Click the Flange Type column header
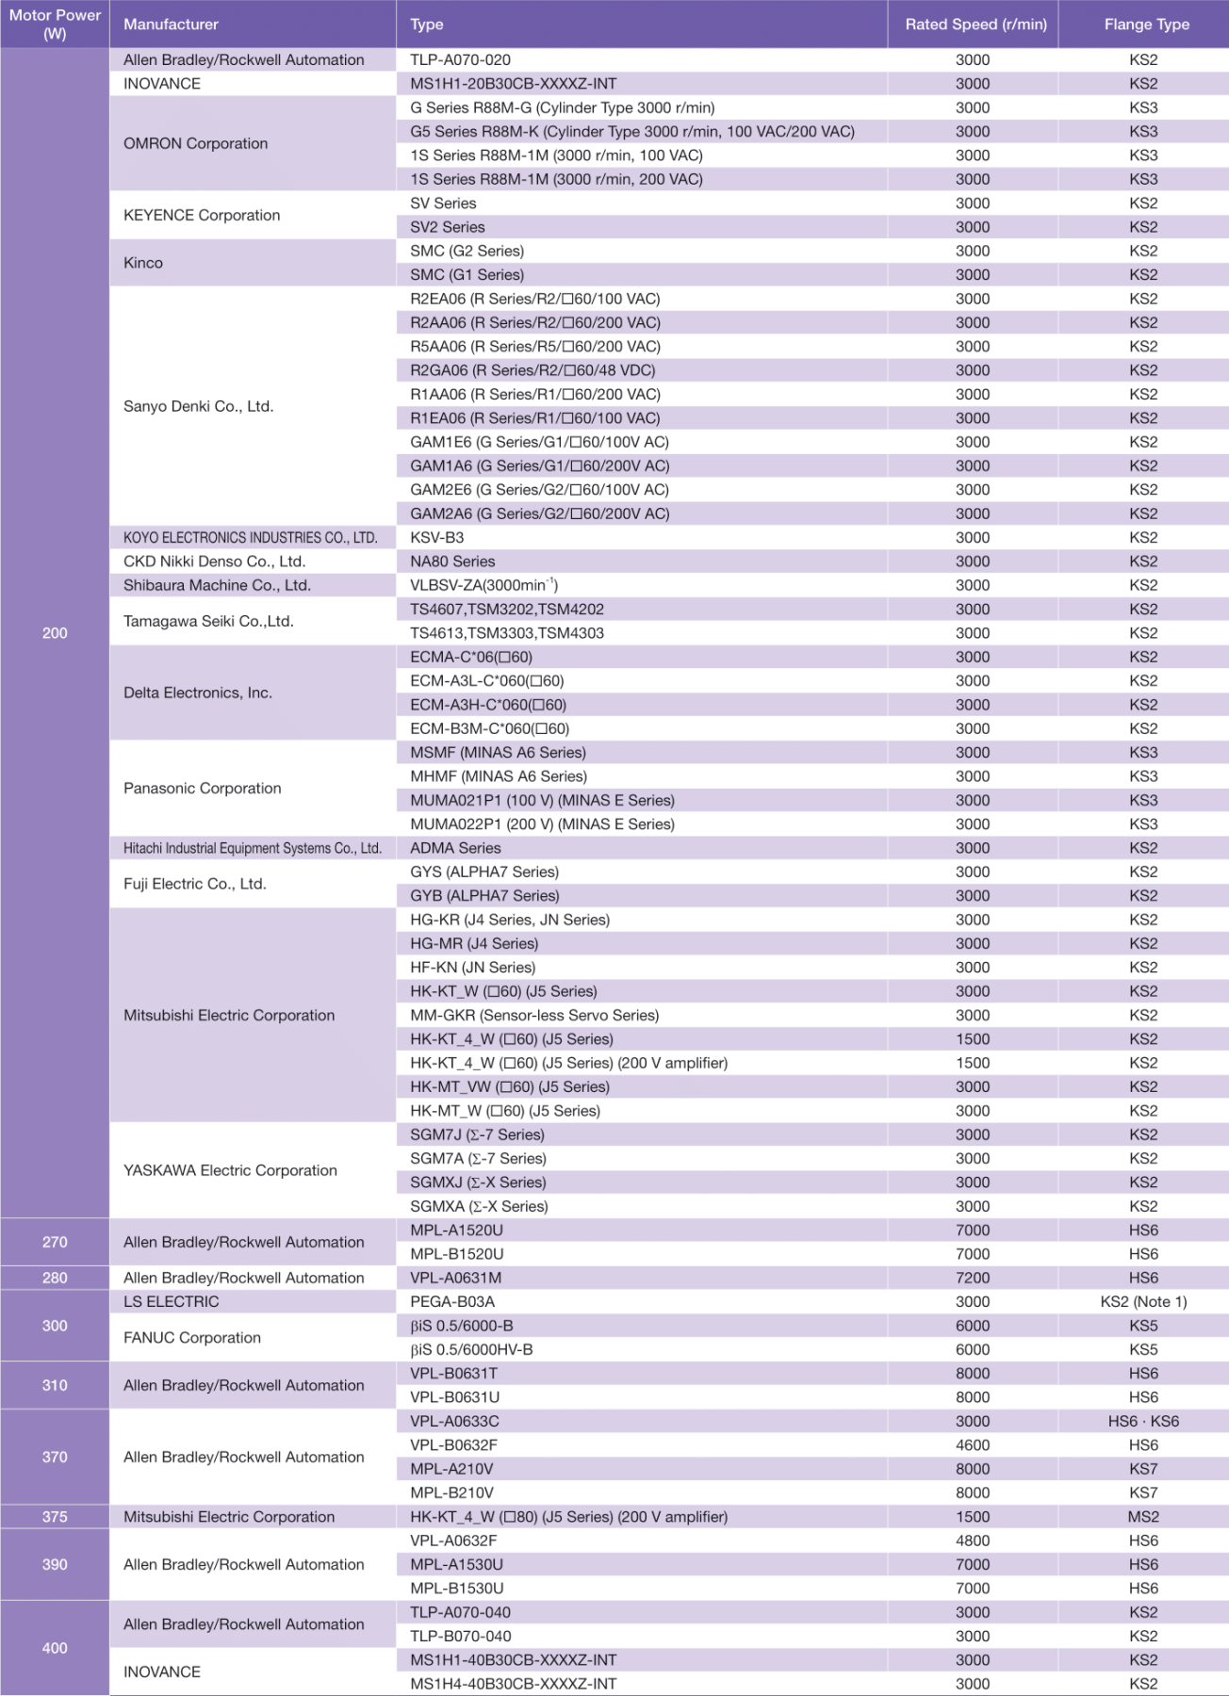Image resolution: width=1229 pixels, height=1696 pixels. coord(1146,24)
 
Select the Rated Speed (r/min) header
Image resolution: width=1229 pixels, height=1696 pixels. coord(975,24)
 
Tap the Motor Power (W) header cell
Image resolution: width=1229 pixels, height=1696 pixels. coord(55,24)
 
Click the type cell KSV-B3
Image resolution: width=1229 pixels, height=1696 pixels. coord(437,538)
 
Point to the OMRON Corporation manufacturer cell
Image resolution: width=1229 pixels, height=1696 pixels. coord(196,143)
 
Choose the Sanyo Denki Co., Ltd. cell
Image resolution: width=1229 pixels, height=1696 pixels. coord(199,406)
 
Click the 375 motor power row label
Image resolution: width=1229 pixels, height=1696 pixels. coord(55,1517)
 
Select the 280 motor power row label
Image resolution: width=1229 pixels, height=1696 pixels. coord(55,1278)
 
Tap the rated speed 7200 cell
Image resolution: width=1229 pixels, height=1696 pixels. coord(973,1278)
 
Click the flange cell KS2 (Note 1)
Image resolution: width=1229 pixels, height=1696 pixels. coord(1143,1302)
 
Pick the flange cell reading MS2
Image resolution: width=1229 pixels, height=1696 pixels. coord(1143,1517)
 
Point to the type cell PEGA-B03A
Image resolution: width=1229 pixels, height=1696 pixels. coord(452,1302)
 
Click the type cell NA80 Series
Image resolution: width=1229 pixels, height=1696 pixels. coord(452,562)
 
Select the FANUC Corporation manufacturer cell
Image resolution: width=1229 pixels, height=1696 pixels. coord(192,1338)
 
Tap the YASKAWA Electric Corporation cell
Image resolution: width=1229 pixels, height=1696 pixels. coord(230,1170)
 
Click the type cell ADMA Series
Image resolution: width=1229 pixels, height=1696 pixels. coord(455,848)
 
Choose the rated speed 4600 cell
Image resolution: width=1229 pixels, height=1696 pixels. coord(973,1445)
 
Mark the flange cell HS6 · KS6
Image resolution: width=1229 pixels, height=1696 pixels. coord(1143,1422)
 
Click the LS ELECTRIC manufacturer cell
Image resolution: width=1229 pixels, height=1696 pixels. coord(172,1302)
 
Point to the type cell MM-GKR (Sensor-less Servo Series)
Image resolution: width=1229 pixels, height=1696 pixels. coord(534,1016)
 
